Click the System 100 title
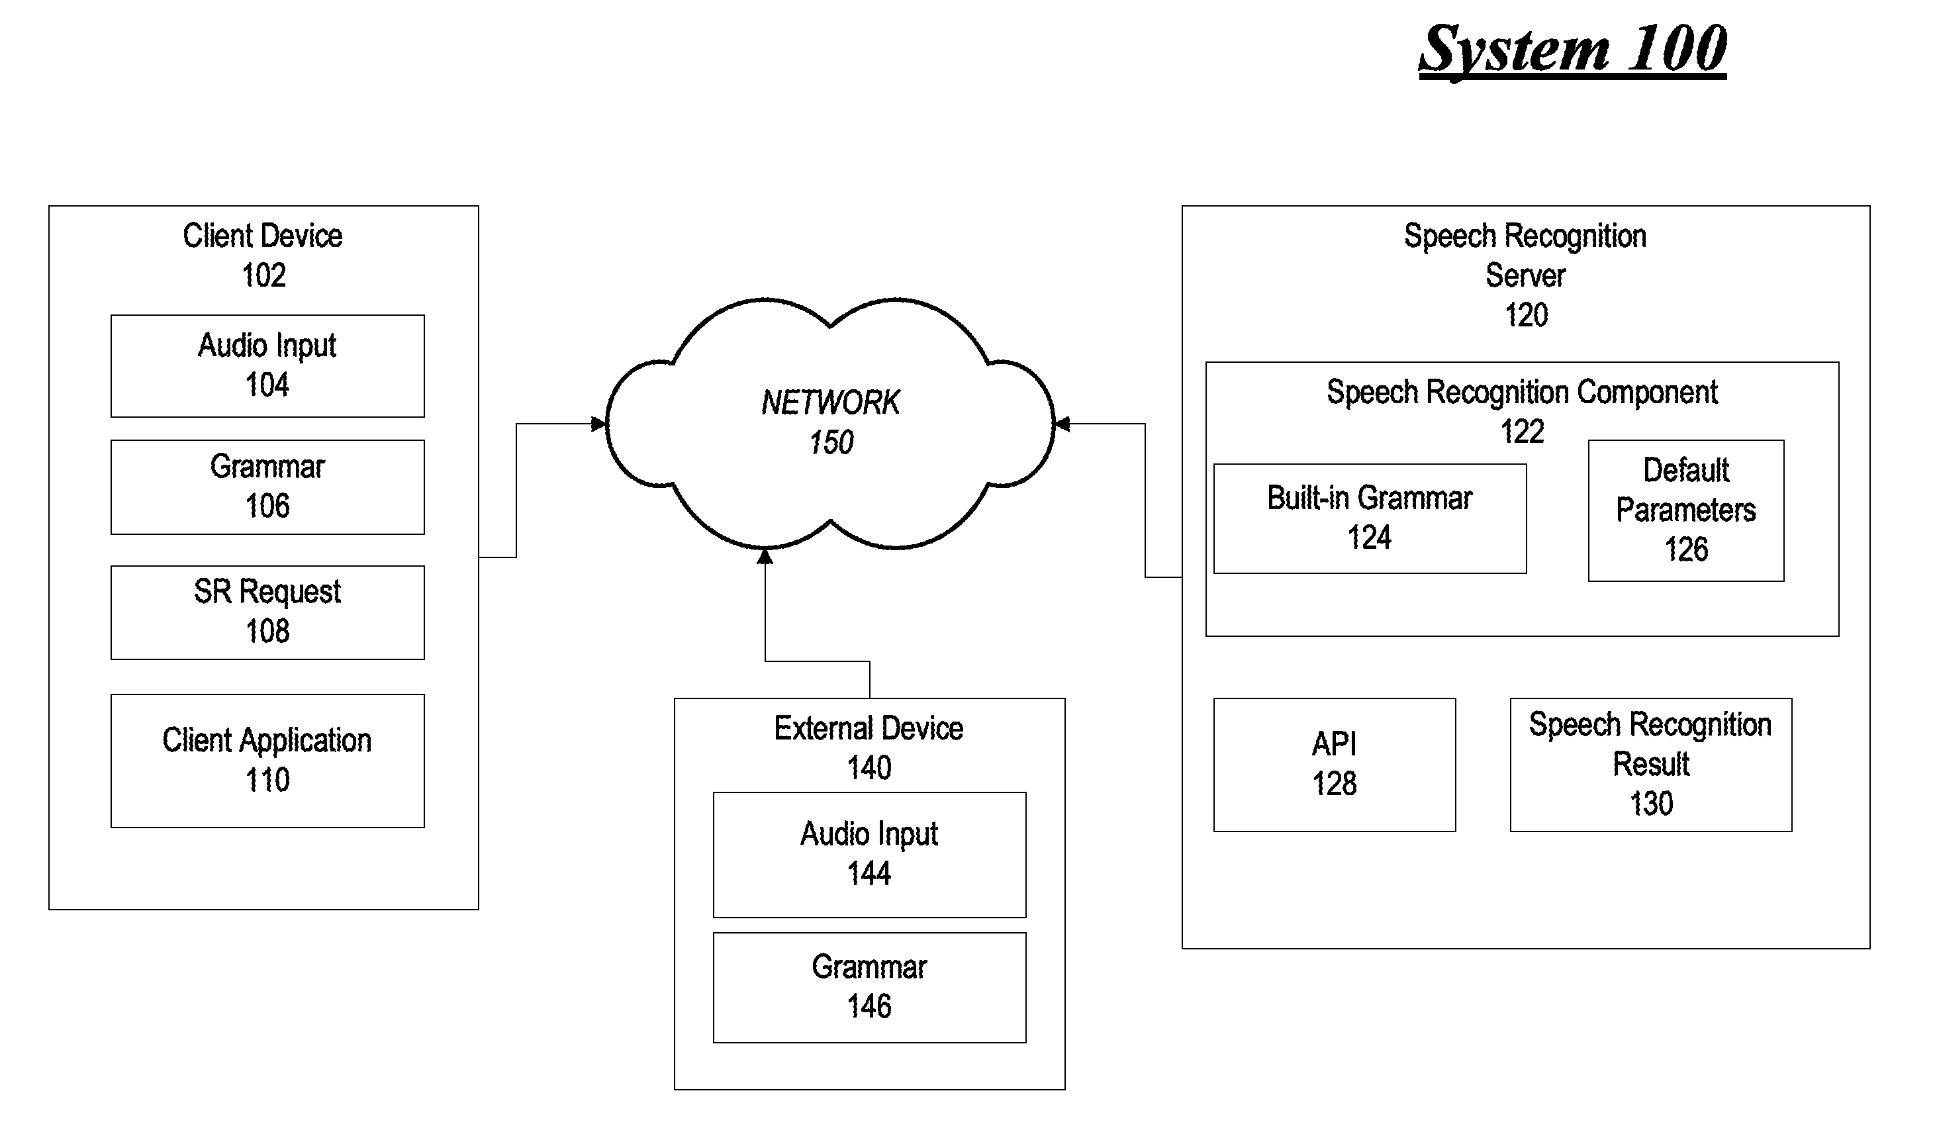1572,50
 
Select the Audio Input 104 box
267,366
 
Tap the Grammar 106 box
267,487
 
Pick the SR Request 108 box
267,613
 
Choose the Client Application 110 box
267,761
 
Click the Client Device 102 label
263,255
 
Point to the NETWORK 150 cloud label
830,422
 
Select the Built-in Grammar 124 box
1370,519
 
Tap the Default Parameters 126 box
1686,510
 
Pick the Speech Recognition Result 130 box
1651,765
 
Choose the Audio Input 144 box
869,855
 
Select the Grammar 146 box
869,988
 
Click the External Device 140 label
869,747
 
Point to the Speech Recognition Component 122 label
1522,412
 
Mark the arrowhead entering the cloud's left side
599,424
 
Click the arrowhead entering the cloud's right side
1061,424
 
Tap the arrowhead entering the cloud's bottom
765,556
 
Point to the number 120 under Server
1526,315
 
